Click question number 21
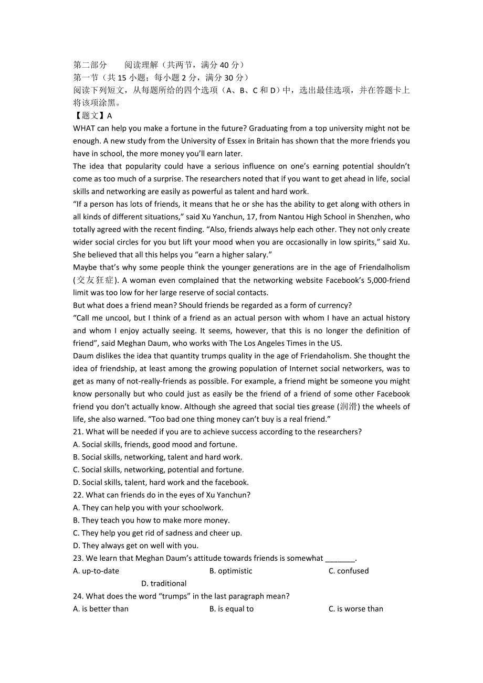78,432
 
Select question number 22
78,495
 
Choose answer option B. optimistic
230,571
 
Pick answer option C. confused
349,571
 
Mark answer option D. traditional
164,583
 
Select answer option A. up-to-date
96,571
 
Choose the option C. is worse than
355,609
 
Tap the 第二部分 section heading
90,65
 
